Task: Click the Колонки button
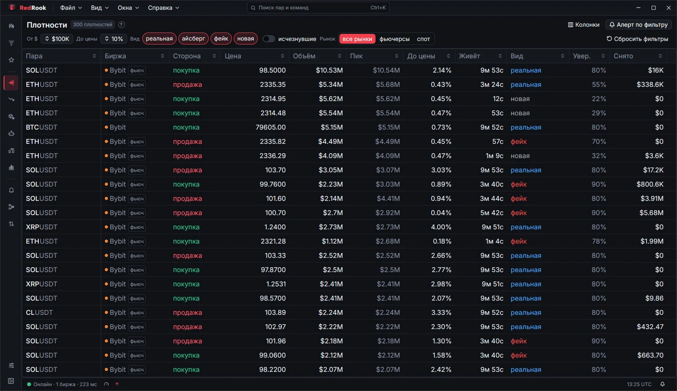coord(584,25)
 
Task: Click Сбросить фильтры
coord(637,39)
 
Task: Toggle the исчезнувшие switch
coord(268,39)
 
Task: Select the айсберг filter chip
coord(194,39)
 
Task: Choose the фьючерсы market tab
coord(394,39)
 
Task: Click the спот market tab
coord(423,39)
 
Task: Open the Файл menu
coord(71,8)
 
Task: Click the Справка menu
coord(163,8)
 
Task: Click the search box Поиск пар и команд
coord(318,8)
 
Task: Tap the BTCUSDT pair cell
coord(41,127)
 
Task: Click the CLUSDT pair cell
coord(39,313)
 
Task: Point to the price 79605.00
coord(271,127)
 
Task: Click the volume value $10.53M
coord(329,70)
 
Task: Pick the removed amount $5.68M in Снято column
coord(651,213)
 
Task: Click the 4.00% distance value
coord(441,227)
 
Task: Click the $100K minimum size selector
coord(57,39)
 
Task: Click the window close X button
coord(669,8)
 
